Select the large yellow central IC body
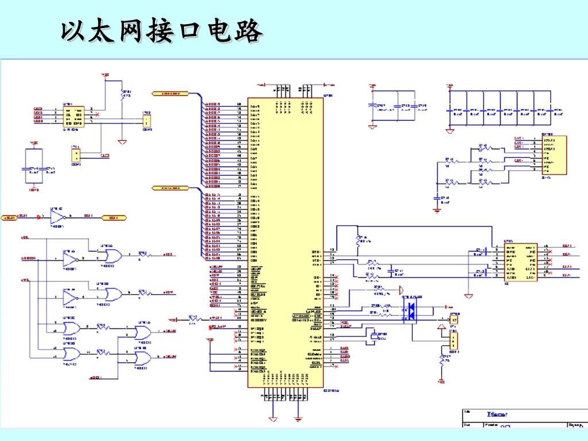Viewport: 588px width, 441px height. click(285, 241)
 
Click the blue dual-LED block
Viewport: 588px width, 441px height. click(411, 310)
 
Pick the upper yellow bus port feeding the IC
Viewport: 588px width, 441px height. click(170, 93)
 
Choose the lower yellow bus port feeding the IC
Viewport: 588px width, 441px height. click(170, 188)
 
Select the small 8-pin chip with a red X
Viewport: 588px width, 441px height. click(73, 117)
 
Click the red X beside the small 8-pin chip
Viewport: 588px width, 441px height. click(96, 114)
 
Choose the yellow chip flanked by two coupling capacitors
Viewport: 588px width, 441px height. click(520, 262)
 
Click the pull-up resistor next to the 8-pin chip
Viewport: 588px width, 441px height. click(122, 94)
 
